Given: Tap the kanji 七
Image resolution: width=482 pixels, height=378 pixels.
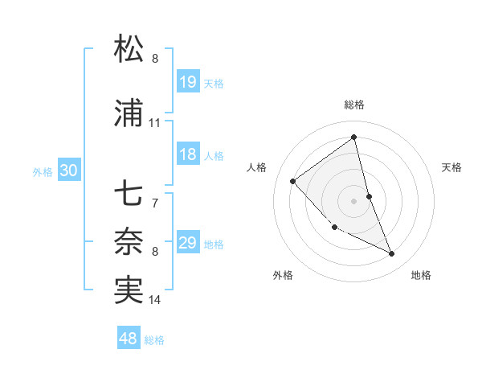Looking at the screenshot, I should pyautogui.click(x=129, y=194).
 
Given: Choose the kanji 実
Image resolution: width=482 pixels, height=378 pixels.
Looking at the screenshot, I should pyautogui.click(x=129, y=290).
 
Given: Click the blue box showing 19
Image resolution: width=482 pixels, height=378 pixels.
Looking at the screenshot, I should pyautogui.click(x=188, y=82).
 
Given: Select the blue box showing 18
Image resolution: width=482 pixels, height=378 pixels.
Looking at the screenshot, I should pyautogui.click(x=188, y=155).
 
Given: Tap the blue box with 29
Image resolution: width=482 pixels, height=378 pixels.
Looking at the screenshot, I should pyautogui.click(x=188, y=244).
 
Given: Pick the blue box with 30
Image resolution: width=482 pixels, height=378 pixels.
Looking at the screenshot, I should pyautogui.click(x=68, y=171).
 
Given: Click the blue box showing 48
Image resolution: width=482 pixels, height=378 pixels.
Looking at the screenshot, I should pyautogui.click(x=129, y=339).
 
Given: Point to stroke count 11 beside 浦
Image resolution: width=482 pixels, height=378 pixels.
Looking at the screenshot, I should pyautogui.click(x=154, y=123).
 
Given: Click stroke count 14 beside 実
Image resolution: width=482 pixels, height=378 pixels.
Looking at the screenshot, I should pyautogui.click(x=155, y=300).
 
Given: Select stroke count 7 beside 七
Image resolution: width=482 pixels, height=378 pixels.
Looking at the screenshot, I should pyautogui.click(x=155, y=203).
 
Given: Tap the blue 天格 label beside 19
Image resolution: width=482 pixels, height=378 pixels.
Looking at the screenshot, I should pyautogui.click(x=214, y=83).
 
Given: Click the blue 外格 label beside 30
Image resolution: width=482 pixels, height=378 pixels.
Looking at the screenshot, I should pyautogui.click(x=43, y=171).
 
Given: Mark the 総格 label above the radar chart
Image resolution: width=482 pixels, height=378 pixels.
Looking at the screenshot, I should pyautogui.click(x=354, y=105).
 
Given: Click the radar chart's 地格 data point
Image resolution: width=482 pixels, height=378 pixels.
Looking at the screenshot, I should pyautogui.click(x=392, y=253).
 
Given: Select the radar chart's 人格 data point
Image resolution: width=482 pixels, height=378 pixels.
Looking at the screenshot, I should pyautogui.click(x=293, y=181).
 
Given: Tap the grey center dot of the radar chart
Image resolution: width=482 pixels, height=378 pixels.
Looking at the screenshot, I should pyautogui.click(x=354, y=200).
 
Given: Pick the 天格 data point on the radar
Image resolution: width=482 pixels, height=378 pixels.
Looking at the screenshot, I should pyautogui.click(x=369, y=195).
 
